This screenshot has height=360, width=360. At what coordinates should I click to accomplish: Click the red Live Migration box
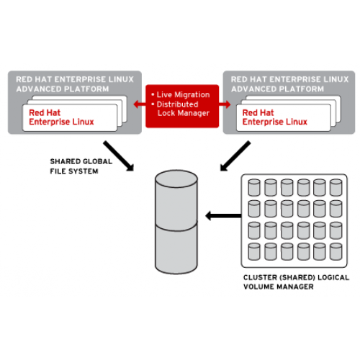182,106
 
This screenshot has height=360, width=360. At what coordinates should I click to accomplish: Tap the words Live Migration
183,95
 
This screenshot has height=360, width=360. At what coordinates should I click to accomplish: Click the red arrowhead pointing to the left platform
137,104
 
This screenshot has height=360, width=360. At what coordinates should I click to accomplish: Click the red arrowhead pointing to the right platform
228,104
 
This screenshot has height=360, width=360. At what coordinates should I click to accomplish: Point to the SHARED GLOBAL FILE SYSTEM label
81,166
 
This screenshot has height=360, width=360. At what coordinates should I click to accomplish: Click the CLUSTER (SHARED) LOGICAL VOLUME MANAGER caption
296,282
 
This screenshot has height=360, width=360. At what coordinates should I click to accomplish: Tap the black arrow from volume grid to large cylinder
223,216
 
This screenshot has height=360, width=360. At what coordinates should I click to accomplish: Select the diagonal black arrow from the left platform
119,156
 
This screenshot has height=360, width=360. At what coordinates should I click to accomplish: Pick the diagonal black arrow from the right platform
235,156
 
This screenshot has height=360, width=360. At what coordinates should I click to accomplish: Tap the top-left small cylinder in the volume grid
254,187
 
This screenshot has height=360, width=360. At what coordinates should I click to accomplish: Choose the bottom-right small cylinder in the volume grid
336,251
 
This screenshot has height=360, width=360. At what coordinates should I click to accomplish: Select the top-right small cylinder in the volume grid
336,187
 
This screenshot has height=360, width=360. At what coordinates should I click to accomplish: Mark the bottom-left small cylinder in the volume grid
254,251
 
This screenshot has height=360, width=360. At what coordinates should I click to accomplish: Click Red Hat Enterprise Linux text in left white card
61,117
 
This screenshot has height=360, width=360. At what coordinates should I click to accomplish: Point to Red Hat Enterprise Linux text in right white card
275,117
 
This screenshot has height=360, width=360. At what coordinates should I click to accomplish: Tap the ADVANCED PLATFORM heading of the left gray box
63,89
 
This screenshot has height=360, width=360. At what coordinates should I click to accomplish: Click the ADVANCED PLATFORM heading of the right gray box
277,89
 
